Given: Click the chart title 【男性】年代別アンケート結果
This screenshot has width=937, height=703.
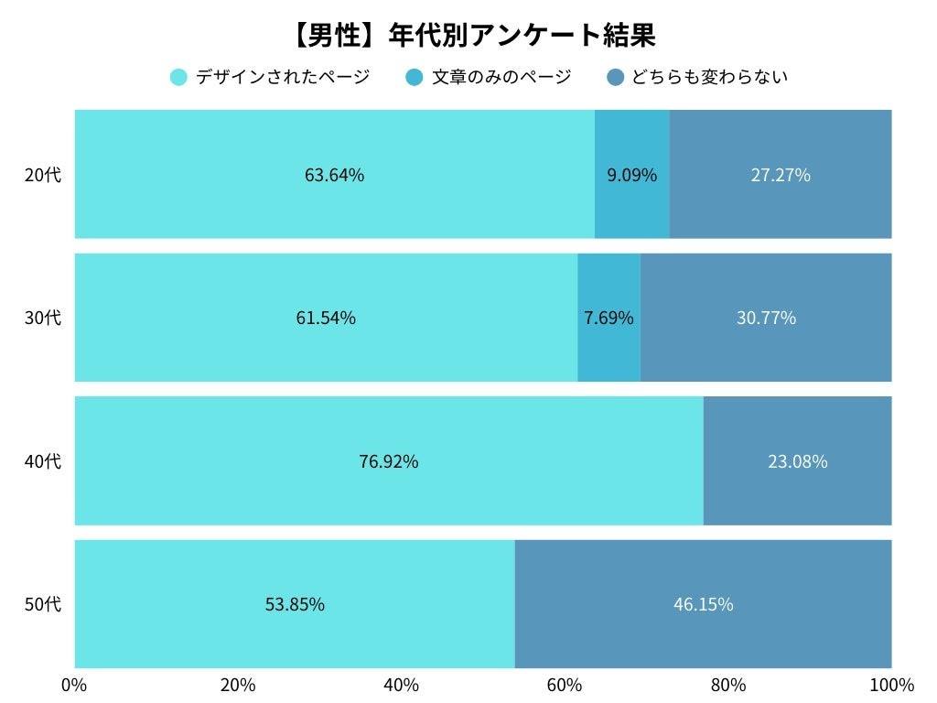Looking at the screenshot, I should click(473, 35).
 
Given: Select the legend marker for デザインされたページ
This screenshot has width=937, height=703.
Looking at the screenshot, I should click(179, 77).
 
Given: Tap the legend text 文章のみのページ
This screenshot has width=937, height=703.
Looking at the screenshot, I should click(501, 77).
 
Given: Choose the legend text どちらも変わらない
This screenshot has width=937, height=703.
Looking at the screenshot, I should click(709, 77).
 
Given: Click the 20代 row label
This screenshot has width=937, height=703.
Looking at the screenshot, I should click(43, 175).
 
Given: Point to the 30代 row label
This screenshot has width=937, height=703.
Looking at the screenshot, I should click(43, 318).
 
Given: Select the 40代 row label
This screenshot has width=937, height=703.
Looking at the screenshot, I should click(43, 461).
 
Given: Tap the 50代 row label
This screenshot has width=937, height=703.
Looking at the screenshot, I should click(43, 604).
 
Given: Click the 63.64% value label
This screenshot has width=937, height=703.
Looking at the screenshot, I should click(334, 175).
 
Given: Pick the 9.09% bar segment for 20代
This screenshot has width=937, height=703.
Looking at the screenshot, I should click(631, 175).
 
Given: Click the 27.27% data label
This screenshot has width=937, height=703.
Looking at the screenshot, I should click(781, 175).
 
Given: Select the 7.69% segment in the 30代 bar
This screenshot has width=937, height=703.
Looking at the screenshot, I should click(609, 318).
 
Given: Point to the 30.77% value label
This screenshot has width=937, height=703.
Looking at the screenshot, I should click(766, 318).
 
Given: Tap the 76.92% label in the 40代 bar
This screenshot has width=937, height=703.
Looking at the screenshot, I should click(388, 461).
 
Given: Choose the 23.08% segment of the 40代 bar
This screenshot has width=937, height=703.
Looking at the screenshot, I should click(797, 461).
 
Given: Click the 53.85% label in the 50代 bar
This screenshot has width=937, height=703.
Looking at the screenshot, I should click(295, 604).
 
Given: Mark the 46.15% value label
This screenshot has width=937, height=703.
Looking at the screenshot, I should click(703, 604).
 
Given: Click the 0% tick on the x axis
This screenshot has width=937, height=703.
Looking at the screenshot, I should click(74, 685).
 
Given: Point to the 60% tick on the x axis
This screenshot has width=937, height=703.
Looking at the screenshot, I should click(565, 685).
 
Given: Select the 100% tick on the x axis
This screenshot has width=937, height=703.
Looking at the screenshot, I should click(891, 685).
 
